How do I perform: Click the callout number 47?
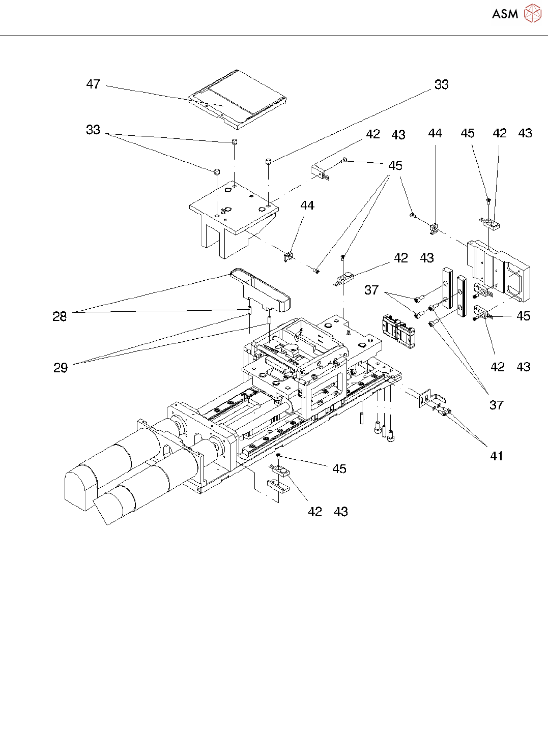93,84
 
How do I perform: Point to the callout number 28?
60,316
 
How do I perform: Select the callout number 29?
61,368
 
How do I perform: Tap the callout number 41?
497,456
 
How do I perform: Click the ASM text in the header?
505,14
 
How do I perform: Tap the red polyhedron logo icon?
533,13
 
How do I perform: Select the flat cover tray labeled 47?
237,99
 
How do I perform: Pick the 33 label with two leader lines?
93,130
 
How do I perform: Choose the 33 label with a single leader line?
442,84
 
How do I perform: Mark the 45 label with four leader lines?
395,165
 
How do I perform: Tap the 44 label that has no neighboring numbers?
307,205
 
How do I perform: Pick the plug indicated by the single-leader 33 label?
268,162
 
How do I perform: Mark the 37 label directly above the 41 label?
497,405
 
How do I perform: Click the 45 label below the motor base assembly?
339,469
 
